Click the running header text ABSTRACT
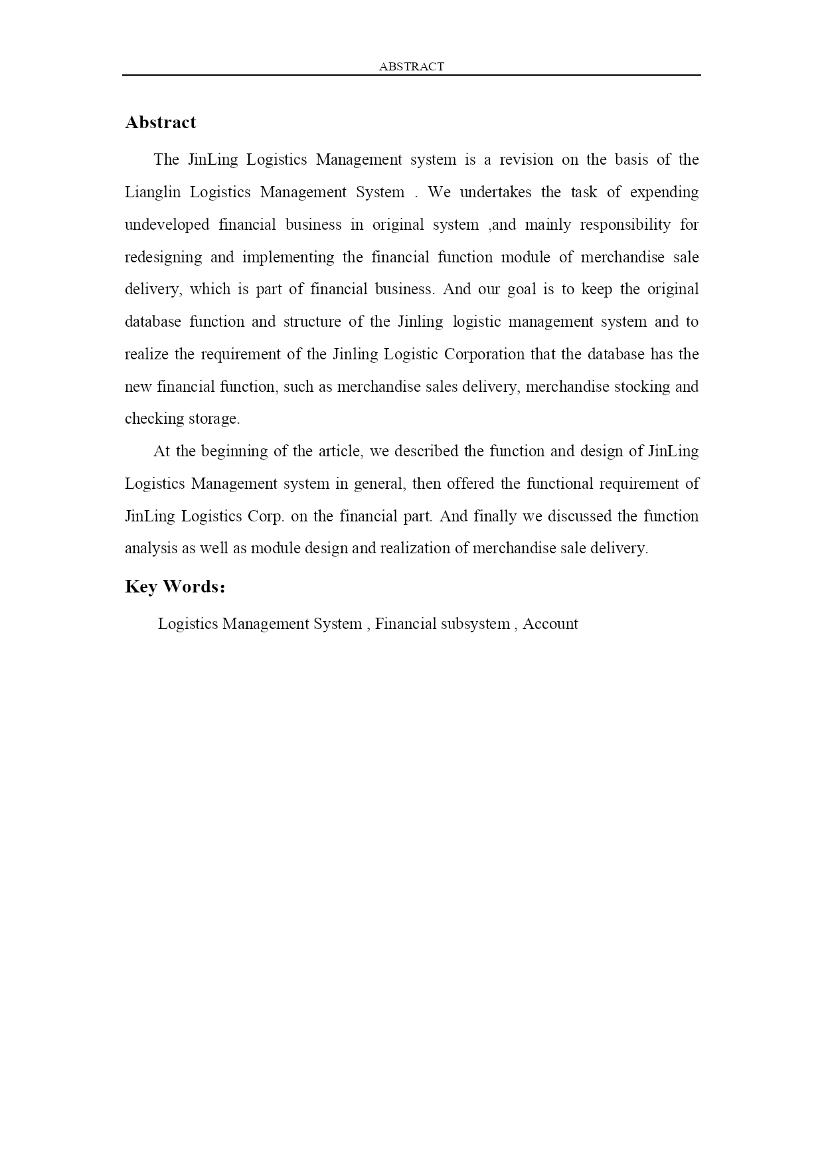tap(411, 66)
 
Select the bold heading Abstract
tap(161, 122)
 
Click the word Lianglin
tap(152, 193)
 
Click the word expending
tap(664, 193)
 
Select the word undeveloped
tap(167, 225)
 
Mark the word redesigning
tap(163, 258)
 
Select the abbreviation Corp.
tap(266, 517)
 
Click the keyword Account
tap(550, 624)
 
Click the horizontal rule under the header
tap(411, 75)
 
